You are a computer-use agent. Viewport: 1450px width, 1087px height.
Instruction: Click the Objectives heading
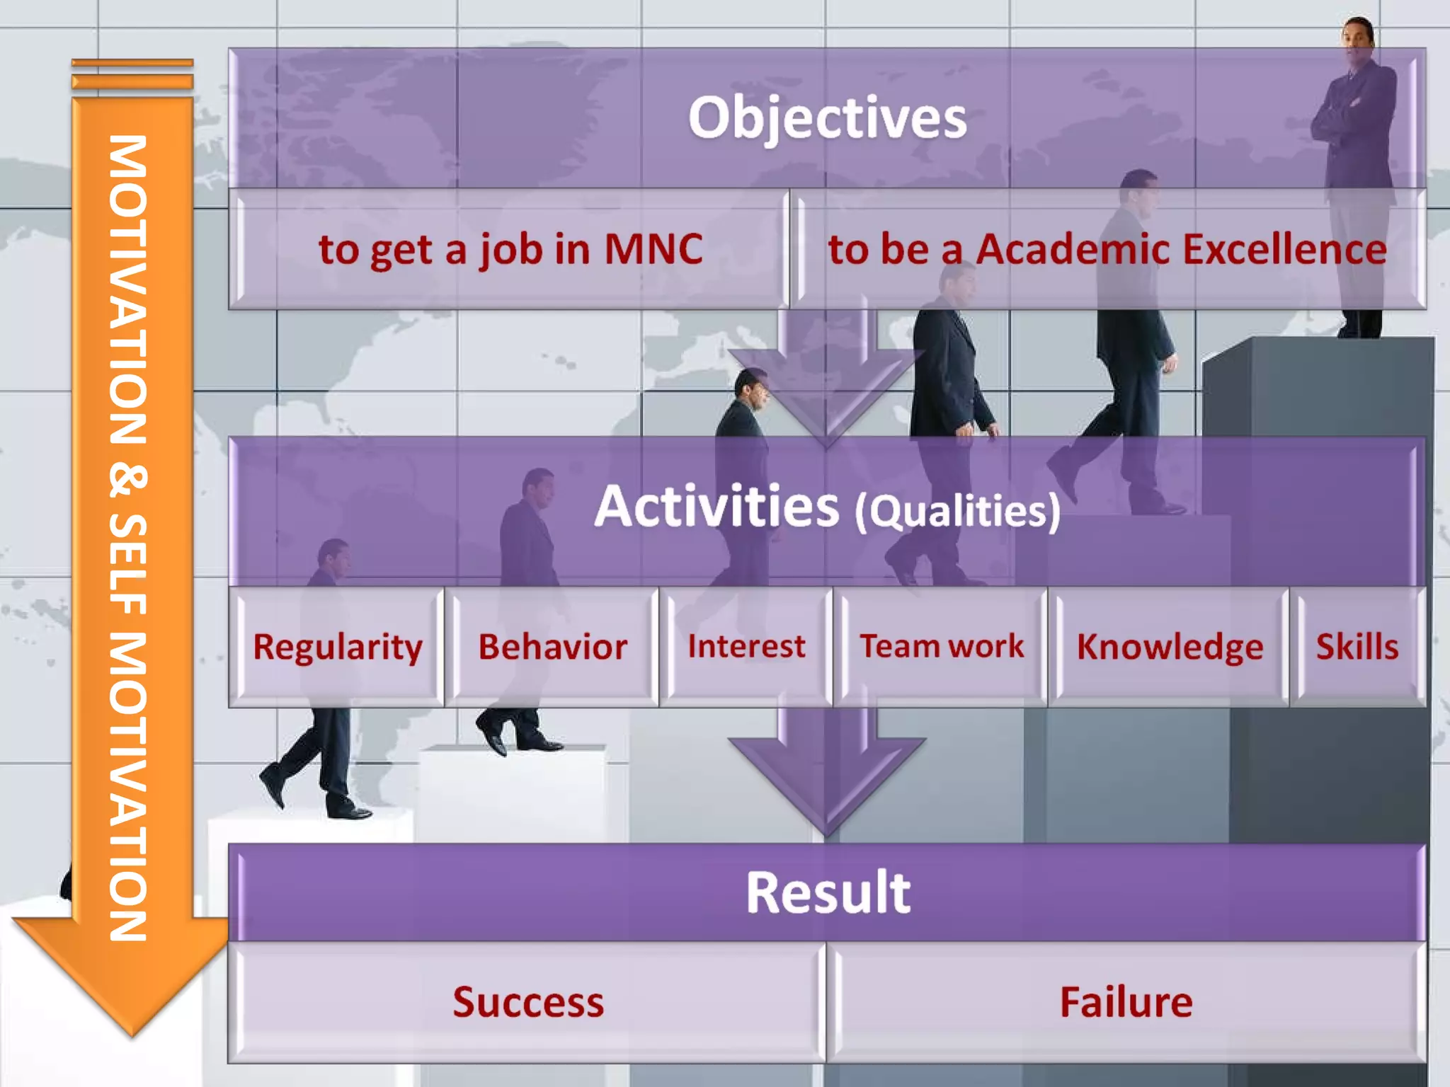pyautogui.click(x=827, y=117)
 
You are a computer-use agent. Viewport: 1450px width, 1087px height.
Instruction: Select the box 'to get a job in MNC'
pyautogui.click(x=510, y=249)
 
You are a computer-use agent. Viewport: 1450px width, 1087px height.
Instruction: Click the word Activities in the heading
pyautogui.click(x=717, y=507)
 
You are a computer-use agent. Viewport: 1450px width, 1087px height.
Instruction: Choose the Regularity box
pyautogui.click(x=337, y=647)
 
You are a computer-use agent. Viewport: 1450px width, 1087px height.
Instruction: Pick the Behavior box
pyautogui.click(x=552, y=647)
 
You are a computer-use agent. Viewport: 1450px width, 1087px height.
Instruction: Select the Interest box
pyautogui.click(x=746, y=647)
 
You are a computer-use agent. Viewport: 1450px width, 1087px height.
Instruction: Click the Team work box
pyautogui.click(x=942, y=647)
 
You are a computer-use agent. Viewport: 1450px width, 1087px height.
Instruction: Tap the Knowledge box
pyautogui.click(x=1170, y=647)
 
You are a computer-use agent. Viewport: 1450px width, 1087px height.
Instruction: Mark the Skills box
pyautogui.click(x=1357, y=647)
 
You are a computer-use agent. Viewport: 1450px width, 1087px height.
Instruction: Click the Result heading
pyautogui.click(x=827, y=893)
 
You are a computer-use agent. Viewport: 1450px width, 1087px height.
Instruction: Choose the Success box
pyautogui.click(x=528, y=1002)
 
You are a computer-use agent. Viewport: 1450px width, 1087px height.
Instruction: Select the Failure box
pyautogui.click(x=1126, y=1002)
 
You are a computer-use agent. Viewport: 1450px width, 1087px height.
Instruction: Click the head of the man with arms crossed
pyautogui.click(x=1357, y=35)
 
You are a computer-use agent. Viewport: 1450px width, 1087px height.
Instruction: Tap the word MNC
pyautogui.click(x=653, y=249)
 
